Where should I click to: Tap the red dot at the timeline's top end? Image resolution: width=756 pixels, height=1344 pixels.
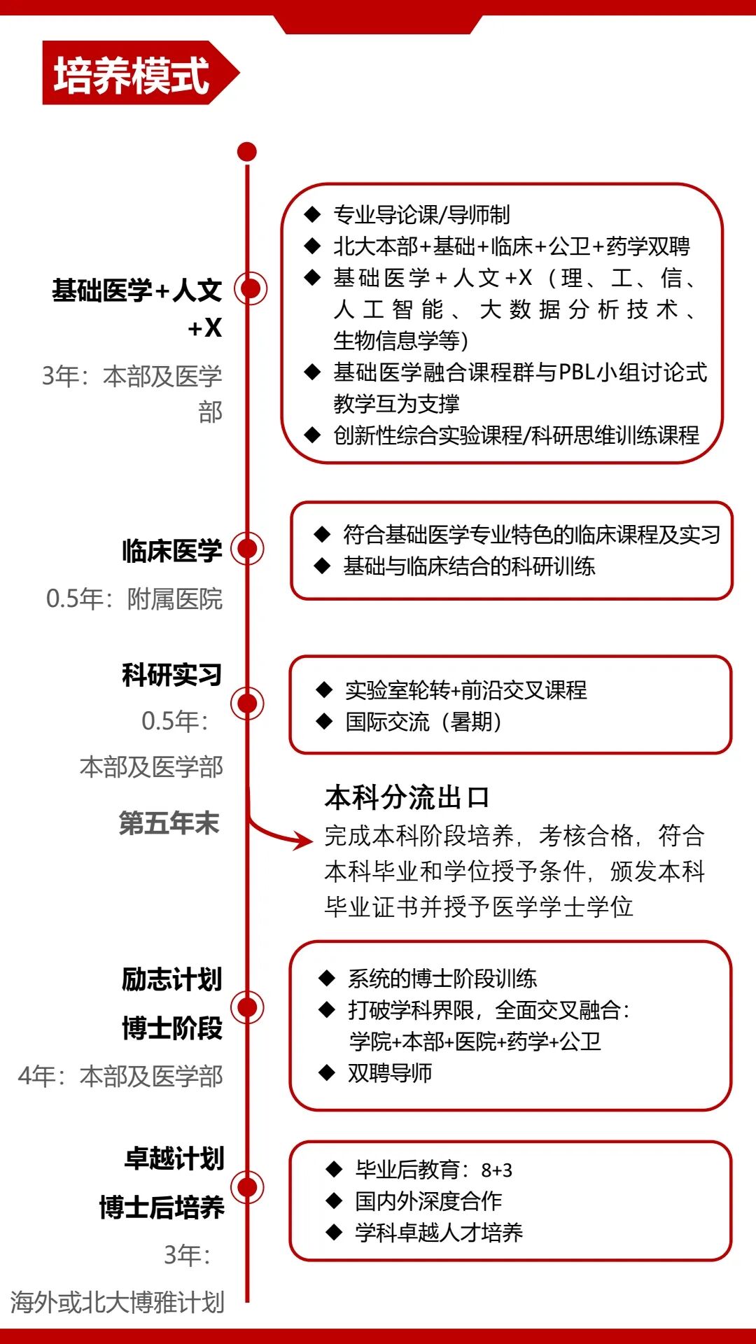point(247,152)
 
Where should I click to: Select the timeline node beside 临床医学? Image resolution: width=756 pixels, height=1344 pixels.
point(248,549)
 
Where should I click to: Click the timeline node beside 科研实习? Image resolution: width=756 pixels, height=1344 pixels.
point(248,703)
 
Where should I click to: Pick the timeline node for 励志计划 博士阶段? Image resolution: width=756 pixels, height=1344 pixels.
point(248,1007)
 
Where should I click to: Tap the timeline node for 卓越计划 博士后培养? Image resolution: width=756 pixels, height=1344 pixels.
point(248,1186)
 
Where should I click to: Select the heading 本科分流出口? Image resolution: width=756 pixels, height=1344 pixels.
point(407,797)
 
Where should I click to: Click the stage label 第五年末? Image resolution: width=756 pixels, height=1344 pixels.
point(169,822)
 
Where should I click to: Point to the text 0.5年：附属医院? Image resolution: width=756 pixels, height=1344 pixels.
point(134,599)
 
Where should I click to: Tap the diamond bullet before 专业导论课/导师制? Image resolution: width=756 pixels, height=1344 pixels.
point(312,214)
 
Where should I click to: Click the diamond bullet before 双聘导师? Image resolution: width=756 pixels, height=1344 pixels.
point(327,1072)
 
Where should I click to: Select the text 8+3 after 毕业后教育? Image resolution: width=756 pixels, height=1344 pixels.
point(497,1170)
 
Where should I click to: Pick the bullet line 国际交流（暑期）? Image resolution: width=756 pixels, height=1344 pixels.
point(423,722)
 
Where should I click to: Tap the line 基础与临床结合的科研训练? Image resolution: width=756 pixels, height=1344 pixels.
point(469,566)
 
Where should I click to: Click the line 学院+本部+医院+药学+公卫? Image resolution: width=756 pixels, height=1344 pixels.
point(475,1042)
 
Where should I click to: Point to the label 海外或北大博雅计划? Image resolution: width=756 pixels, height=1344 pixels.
point(118,1302)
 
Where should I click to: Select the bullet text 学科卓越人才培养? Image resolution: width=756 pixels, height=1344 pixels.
point(439,1232)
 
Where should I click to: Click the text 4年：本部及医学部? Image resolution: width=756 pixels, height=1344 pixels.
point(120,1076)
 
